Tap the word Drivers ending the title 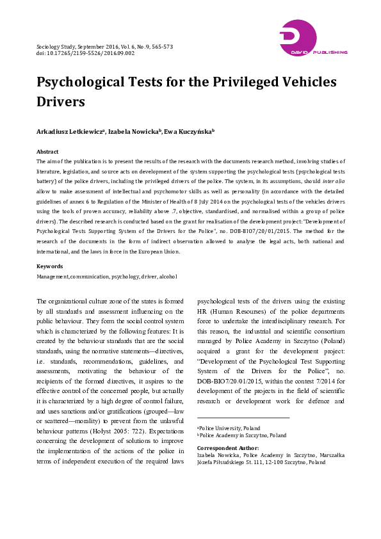pos(61,101)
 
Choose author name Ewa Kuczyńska pos(188,131)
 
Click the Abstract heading pos(47,152)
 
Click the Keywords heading pos(49,266)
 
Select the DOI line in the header pos(85,54)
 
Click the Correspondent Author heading pos(228,447)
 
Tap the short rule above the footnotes pos(243,418)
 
